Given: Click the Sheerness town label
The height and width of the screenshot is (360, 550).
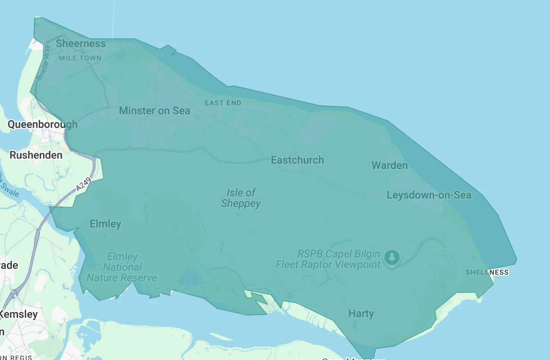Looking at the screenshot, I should point(81,44).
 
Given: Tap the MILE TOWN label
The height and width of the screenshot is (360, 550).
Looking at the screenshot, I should point(80,58).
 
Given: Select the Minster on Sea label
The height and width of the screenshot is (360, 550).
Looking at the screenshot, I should point(154,111).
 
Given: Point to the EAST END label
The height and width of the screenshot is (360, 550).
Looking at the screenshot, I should point(223,103).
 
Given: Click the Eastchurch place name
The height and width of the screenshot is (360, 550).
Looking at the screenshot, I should point(297,160).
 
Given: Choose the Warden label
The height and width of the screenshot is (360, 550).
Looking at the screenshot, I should point(389,165).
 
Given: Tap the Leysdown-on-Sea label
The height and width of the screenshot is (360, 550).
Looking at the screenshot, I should point(429,195).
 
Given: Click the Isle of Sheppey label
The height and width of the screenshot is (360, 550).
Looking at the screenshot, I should point(241,198).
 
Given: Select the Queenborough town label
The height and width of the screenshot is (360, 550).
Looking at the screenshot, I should point(43,124).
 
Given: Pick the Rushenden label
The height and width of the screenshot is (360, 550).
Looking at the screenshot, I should point(36,155).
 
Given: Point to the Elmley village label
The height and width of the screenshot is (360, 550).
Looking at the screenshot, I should point(105,224).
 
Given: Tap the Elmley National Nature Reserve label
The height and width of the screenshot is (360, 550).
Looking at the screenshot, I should point(122,267).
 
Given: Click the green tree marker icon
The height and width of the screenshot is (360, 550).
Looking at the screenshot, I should point(392,258).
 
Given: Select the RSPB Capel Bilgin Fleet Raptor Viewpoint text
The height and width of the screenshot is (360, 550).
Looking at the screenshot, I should point(328,259).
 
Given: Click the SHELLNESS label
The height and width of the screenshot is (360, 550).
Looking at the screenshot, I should point(487,272).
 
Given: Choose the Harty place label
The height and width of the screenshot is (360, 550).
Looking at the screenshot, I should point(361,313).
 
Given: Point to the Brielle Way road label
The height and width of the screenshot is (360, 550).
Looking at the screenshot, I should point(43,63).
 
